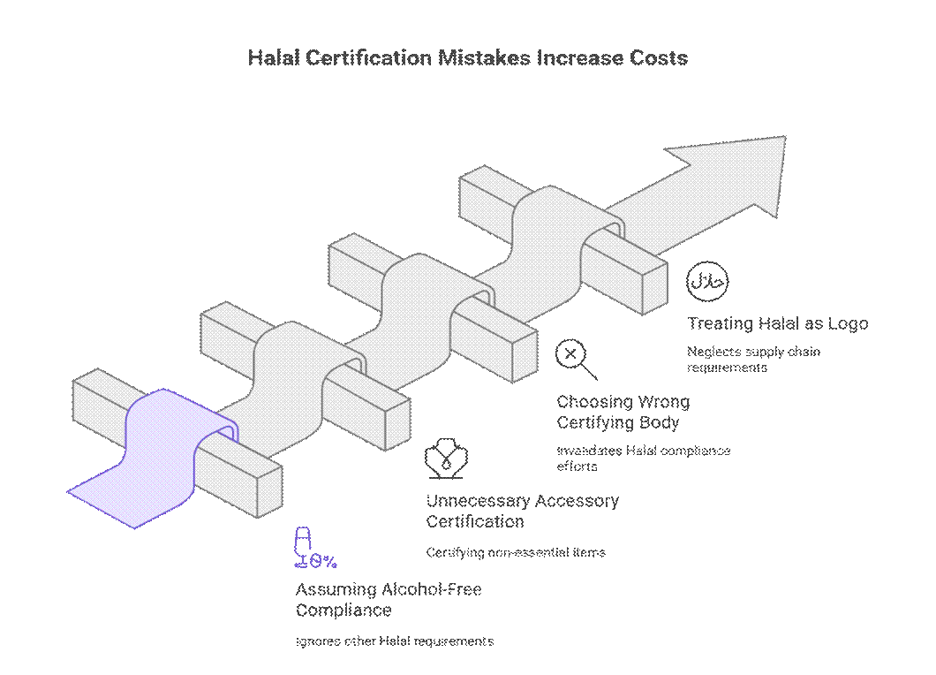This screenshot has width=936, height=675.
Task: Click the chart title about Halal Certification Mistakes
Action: tap(467, 58)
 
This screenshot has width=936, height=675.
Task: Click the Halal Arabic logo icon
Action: tap(707, 282)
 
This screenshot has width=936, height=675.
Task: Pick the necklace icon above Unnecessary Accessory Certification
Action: tap(446, 459)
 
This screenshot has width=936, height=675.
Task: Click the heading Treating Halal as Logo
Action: tap(777, 323)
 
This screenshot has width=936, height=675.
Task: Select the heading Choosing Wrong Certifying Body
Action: tap(623, 412)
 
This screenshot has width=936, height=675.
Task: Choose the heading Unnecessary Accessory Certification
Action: tap(522, 511)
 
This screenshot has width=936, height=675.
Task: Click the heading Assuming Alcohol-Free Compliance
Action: tap(389, 599)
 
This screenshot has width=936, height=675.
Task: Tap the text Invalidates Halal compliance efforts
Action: tap(643, 458)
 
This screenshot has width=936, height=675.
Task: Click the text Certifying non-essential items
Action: tap(516, 553)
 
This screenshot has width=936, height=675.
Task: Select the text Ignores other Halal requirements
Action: tap(394, 641)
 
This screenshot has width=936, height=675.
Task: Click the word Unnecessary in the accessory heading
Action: tap(475, 501)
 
